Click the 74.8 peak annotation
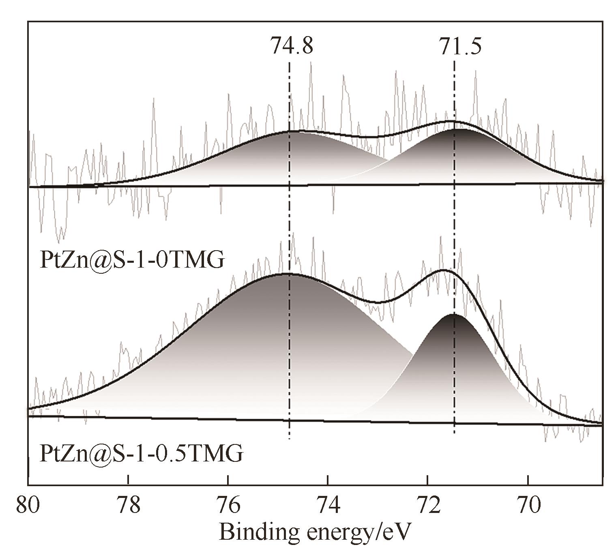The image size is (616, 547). tap(292, 45)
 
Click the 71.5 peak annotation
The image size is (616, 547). tap(460, 45)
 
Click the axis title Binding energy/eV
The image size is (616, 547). tap(315, 531)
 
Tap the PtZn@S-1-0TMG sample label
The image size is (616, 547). tap(132, 260)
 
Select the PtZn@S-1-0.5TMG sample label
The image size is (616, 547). tap(142, 453)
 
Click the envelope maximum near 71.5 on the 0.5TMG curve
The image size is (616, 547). tap(443, 270)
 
